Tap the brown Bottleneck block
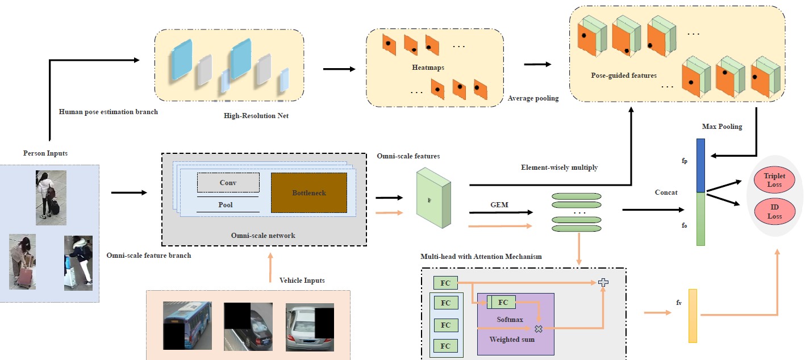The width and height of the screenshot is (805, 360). (308, 193)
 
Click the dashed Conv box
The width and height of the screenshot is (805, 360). (228, 183)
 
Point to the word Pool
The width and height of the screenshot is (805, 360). (226, 204)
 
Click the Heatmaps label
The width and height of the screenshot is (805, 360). (428, 68)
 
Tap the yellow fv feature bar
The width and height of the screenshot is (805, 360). (693, 316)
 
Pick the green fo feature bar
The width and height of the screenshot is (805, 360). (700, 219)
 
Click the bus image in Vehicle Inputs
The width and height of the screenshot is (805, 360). (187, 325)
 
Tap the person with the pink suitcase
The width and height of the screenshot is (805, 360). (23, 262)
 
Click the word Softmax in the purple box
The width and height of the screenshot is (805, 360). (510, 320)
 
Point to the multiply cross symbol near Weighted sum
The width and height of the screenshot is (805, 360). (538, 328)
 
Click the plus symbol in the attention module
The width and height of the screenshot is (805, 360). (603, 282)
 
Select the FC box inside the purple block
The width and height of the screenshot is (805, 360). (500, 303)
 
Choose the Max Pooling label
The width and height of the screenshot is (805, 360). (722, 127)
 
